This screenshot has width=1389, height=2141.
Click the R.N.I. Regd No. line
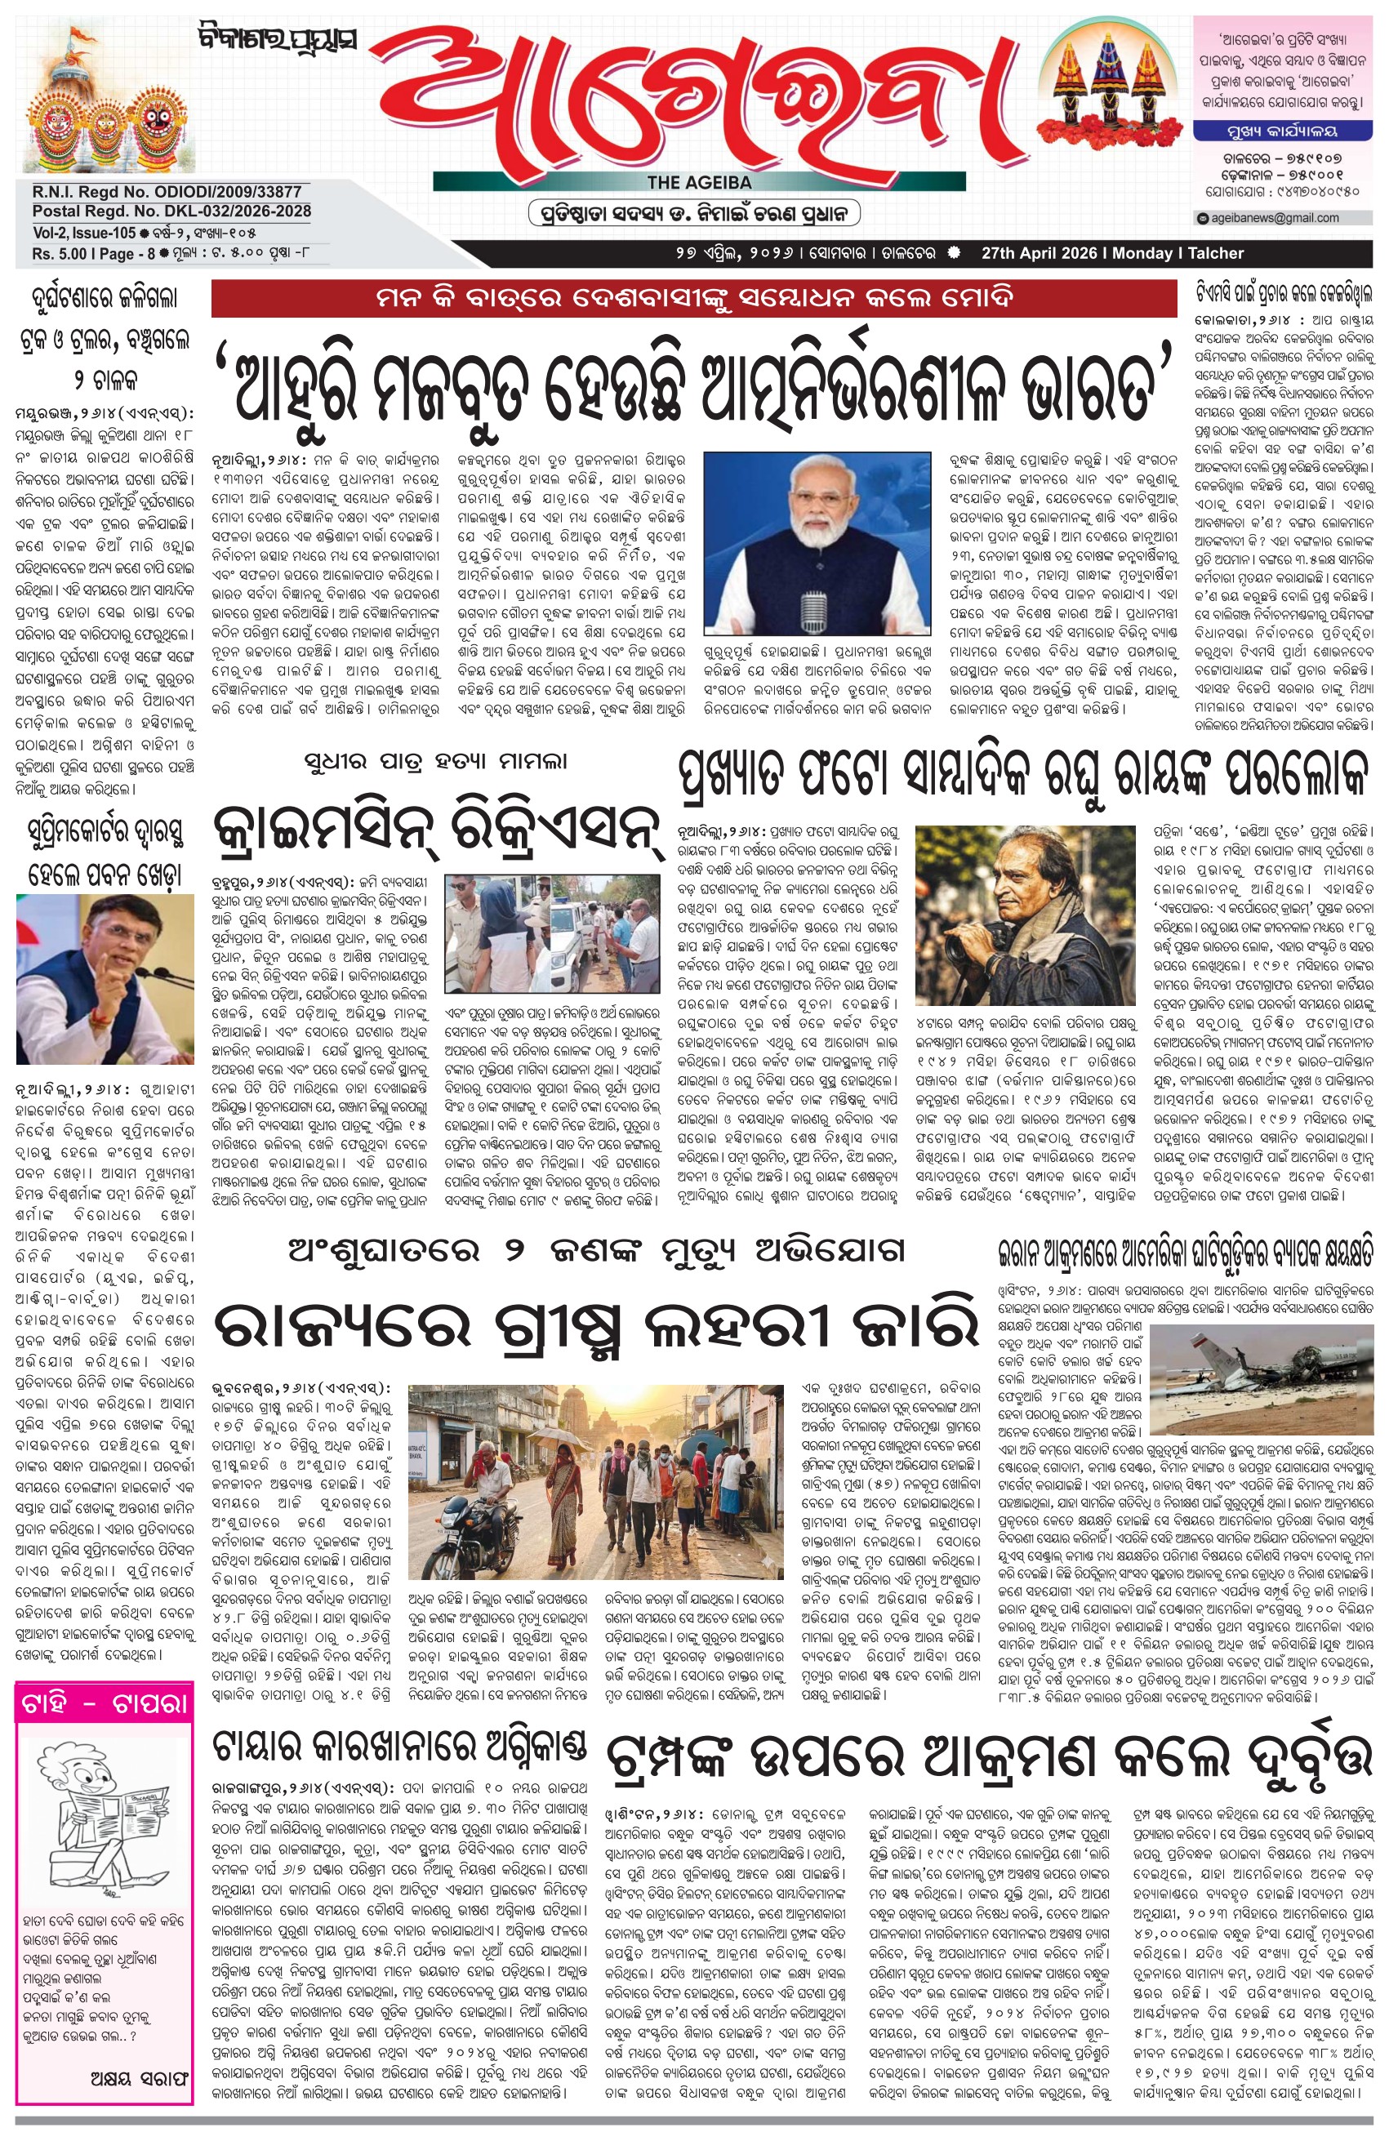point(167,192)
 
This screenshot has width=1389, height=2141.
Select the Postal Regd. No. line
point(171,211)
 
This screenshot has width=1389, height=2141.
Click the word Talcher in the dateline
point(1215,254)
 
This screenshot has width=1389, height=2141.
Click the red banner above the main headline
point(692,298)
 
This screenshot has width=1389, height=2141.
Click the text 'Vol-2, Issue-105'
point(83,233)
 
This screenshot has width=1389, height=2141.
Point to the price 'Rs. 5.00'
point(60,254)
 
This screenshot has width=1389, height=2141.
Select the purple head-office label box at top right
point(1281,131)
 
